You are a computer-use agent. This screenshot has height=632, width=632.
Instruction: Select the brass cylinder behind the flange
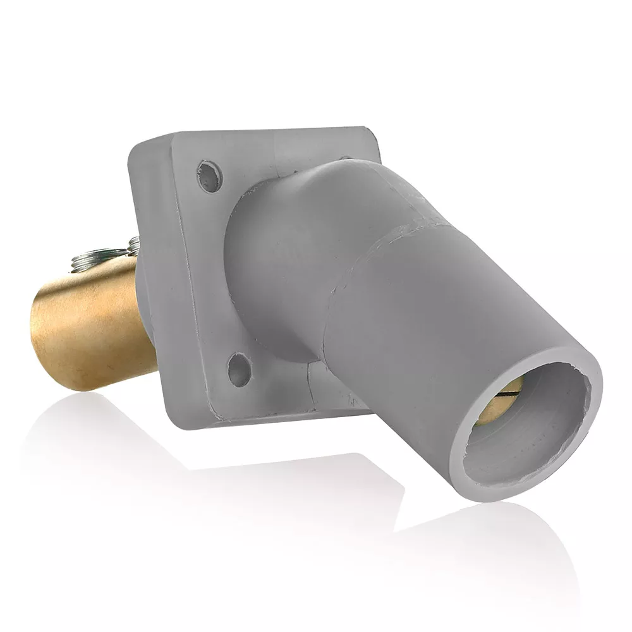coord(95,322)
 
